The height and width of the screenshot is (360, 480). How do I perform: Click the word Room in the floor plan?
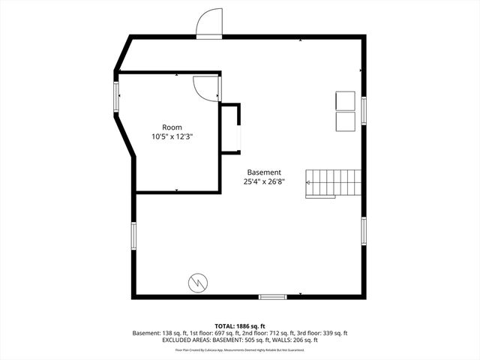172,127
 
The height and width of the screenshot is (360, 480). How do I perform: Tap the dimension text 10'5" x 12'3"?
172,136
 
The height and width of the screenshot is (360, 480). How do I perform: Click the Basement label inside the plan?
265,172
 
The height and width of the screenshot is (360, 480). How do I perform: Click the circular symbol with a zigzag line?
198,282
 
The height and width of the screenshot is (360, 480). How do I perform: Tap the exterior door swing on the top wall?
209,24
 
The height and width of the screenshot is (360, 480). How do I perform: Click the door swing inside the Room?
205,88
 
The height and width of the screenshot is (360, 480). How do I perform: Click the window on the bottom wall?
273,297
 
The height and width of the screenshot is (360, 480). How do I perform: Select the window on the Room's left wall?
115,96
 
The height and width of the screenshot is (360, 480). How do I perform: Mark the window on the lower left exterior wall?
134,234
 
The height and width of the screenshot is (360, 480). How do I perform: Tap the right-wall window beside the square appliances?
364,109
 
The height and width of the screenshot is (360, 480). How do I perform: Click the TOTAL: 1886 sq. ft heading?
240,326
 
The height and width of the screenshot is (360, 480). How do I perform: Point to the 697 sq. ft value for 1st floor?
238,333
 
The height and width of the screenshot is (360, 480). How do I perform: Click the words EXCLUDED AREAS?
184,340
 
